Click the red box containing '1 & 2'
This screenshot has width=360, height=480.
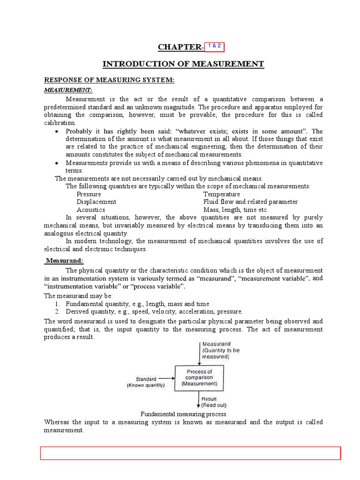click(211, 46)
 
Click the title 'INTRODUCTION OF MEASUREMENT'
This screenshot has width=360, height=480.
click(184, 64)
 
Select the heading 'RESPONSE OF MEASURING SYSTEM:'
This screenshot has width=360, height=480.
click(109, 80)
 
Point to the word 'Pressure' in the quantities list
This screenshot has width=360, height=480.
click(89, 194)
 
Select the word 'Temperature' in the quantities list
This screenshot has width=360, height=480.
click(221, 194)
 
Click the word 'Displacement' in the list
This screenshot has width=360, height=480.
click(97, 202)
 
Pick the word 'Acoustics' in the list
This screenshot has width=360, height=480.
click(91, 210)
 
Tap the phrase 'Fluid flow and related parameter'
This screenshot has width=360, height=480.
click(250, 202)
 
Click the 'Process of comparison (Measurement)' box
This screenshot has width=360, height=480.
click(200, 377)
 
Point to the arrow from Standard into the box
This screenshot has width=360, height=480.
click(166, 378)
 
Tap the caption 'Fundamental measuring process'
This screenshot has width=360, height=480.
click(184, 414)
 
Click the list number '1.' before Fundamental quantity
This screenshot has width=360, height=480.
click(57, 304)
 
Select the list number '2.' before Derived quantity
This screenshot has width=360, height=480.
click(57, 311)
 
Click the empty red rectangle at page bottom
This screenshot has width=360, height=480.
click(190, 453)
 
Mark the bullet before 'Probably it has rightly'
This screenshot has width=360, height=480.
click(56, 131)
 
